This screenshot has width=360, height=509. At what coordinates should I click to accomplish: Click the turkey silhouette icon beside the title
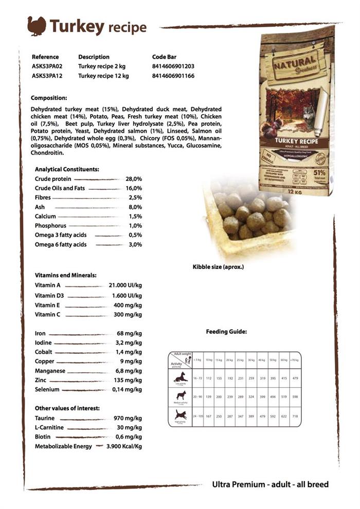pyautogui.click(x=37, y=26)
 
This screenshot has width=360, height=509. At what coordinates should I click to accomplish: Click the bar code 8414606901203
pyautogui.click(x=173, y=66)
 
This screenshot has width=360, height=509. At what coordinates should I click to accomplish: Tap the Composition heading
pyautogui.click(x=49, y=98)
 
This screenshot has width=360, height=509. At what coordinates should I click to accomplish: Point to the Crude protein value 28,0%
pyautogui.click(x=134, y=179)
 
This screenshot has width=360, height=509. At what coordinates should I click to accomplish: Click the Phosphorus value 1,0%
pyautogui.click(x=135, y=226)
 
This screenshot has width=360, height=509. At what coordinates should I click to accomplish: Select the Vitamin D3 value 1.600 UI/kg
pyautogui.click(x=127, y=296)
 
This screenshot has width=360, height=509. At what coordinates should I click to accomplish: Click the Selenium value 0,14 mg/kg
pyautogui.click(x=127, y=390)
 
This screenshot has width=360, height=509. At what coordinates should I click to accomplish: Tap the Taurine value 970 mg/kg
pyautogui.click(x=128, y=419)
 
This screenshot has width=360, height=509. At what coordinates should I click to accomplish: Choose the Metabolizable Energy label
pyautogui.click(x=63, y=446)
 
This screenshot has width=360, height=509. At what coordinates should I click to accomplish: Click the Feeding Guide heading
pyautogui.click(x=226, y=332)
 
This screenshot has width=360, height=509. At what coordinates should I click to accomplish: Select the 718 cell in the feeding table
pyautogui.click(x=295, y=415)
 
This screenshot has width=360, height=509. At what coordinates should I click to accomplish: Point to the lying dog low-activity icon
pyautogui.click(x=181, y=377)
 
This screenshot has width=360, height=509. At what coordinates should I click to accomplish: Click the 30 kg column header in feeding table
pyautogui.click(x=251, y=360)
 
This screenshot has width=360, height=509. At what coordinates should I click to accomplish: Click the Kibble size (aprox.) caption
pyautogui.click(x=218, y=267)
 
